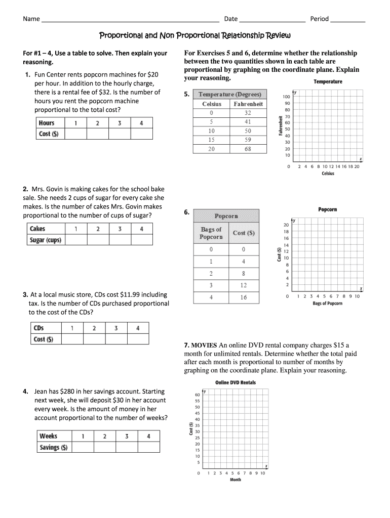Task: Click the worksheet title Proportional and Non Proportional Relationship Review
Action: click(194, 36)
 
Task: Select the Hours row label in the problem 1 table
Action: click(47, 123)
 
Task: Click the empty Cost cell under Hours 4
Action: click(141, 134)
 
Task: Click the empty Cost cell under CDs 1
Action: click(72, 339)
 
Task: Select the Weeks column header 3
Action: click(127, 436)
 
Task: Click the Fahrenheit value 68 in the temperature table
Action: click(248, 149)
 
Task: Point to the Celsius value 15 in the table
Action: click(211, 140)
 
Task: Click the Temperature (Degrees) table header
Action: click(230, 95)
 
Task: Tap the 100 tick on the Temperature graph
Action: click(287, 97)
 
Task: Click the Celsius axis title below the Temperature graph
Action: click(328, 174)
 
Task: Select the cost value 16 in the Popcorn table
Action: click(244, 297)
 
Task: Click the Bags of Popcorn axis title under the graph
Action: click(327, 304)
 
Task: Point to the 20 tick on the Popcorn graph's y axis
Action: click(286, 225)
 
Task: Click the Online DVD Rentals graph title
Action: click(236, 382)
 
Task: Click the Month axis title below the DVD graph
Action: click(236, 480)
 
